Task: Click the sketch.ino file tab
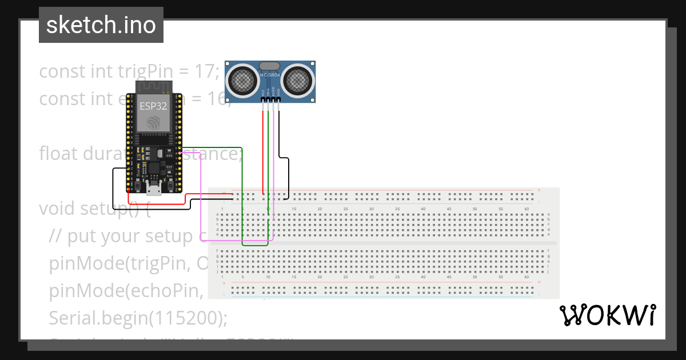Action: click(x=101, y=25)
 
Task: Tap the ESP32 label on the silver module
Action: click(x=153, y=106)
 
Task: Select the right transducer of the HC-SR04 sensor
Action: click(x=298, y=80)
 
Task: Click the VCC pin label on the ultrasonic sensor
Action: click(x=263, y=92)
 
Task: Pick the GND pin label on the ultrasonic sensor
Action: click(x=279, y=92)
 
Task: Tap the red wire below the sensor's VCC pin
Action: click(x=263, y=149)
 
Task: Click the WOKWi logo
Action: click(x=607, y=315)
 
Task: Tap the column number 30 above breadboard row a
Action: click(x=372, y=209)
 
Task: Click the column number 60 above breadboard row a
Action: click(x=527, y=209)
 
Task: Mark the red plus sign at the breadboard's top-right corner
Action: click(x=539, y=190)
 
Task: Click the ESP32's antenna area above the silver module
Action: click(x=153, y=87)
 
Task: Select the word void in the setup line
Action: click(x=57, y=209)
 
